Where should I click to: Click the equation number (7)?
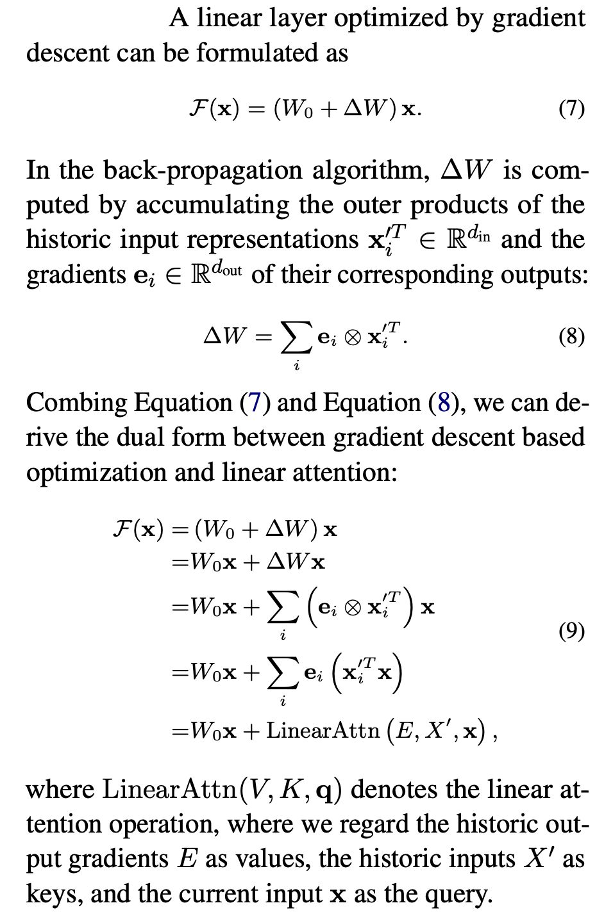coord(571,109)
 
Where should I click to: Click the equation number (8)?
coord(571,336)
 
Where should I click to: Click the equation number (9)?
coord(571,631)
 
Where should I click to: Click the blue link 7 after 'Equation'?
coord(254,403)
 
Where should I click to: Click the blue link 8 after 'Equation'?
coord(443,403)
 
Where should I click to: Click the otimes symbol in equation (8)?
coord(352,338)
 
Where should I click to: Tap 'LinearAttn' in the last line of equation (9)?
coord(323,730)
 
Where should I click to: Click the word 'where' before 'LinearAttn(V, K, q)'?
coord(60,790)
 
